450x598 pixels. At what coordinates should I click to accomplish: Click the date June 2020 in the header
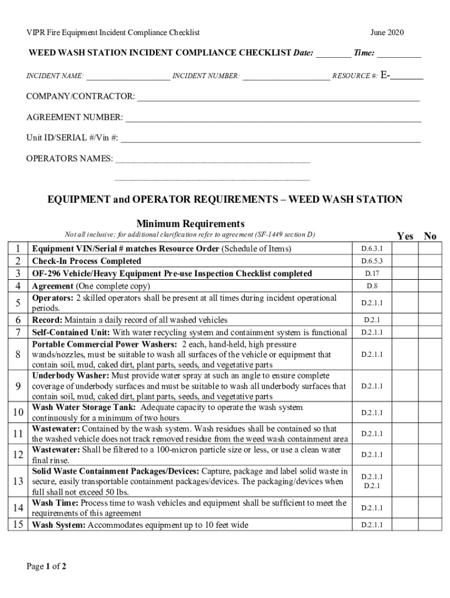[387, 33]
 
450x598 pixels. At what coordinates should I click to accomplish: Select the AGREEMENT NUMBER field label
[74, 118]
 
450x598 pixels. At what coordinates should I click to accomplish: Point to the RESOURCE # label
[355, 77]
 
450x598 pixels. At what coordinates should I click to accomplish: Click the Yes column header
[405, 236]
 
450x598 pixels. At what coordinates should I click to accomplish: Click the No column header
[430, 236]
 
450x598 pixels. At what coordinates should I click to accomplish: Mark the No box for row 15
[430, 525]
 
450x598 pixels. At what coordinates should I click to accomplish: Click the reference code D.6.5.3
[372, 261]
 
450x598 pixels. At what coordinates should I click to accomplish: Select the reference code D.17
[372, 273]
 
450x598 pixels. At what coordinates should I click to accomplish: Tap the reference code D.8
[372, 286]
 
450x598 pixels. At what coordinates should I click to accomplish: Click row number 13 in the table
[18, 481]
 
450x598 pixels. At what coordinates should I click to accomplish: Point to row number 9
[18, 386]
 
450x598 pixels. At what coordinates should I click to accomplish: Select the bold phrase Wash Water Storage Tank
[84, 408]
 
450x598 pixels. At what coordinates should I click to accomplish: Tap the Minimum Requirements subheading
[190, 224]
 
